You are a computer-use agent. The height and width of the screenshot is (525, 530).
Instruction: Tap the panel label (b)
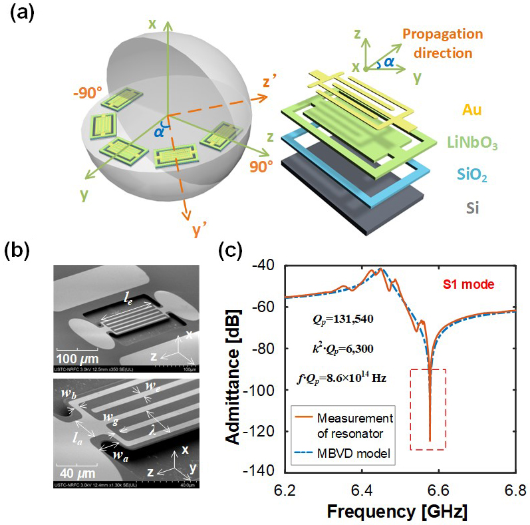click(19, 252)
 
